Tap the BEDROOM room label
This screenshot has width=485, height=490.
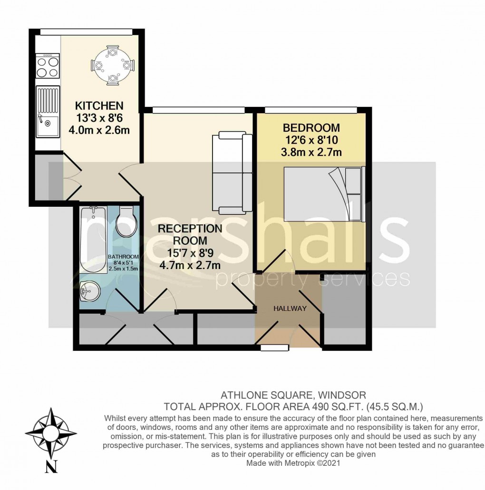pyautogui.click(x=311, y=128)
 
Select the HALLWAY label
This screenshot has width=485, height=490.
pyautogui.click(x=290, y=308)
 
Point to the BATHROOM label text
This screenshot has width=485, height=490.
pyautogui.click(x=123, y=256)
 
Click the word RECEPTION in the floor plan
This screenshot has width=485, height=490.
pyautogui.click(x=190, y=229)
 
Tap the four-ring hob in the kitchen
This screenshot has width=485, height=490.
pyautogui.click(x=48, y=66)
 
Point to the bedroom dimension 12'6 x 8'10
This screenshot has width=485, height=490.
pyautogui.click(x=311, y=140)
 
